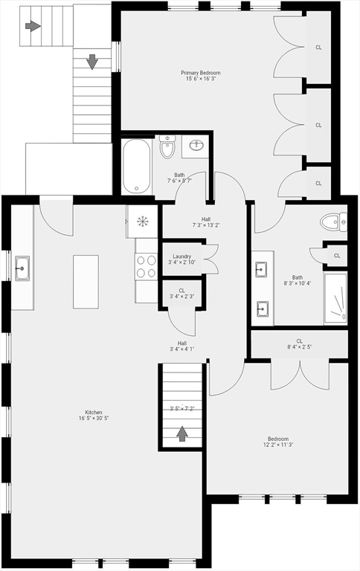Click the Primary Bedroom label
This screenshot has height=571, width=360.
pos(200,73)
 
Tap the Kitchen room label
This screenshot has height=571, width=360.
pos(94,412)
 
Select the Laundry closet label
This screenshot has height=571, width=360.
pos(181,257)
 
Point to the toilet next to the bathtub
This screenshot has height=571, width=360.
pos(167,146)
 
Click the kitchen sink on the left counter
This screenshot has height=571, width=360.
pos(22,268)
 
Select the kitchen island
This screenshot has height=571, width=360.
pos(86,282)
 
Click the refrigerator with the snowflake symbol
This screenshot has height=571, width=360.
pos(142,222)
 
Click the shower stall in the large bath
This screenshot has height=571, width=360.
pos(335,298)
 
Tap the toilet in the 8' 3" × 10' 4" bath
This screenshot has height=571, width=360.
pos(333,222)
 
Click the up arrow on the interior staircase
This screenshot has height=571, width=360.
pos(181,433)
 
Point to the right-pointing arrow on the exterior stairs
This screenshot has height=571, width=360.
pos(33,26)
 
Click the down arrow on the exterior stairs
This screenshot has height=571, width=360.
pos(92,62)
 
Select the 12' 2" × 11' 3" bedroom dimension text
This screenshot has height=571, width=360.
pos(278,445)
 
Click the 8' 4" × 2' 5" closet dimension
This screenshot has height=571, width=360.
pos(299,347)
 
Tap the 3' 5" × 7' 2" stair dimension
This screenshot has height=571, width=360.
pos(181,409)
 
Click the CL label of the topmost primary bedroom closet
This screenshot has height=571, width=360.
pos(318,48)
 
